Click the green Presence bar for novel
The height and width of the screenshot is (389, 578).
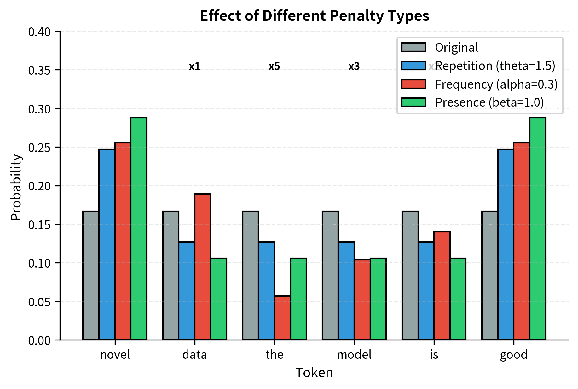(x=139, y=229)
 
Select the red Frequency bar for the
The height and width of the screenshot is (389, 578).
(x=282, y=318)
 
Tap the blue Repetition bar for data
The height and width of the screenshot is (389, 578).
(x=187, y=291)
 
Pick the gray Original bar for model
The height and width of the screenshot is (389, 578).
(x=330, y=275)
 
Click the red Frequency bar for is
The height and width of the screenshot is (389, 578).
(x=442, y=286)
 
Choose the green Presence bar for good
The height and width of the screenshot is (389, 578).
(x=538, y=229)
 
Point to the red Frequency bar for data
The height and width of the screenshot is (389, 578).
(x=203, y=267)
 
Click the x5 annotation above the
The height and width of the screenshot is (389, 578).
(x=274, y=67)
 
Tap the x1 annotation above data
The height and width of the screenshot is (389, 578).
(x=194, y=67)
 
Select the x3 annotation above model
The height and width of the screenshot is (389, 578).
(x=354, y=67)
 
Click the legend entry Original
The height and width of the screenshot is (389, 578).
(x=456, y=48)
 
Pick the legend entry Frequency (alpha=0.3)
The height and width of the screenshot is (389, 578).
(x=496, y=84)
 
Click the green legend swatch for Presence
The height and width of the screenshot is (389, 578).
(x=413, y=102)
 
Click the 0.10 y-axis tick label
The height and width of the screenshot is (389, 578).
(x=39, y=263)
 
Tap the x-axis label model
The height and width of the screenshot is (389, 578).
(x=354, y=355)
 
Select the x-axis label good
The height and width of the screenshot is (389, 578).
(x=513, y=355)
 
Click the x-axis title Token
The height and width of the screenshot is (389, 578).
(x=314, y=373)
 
